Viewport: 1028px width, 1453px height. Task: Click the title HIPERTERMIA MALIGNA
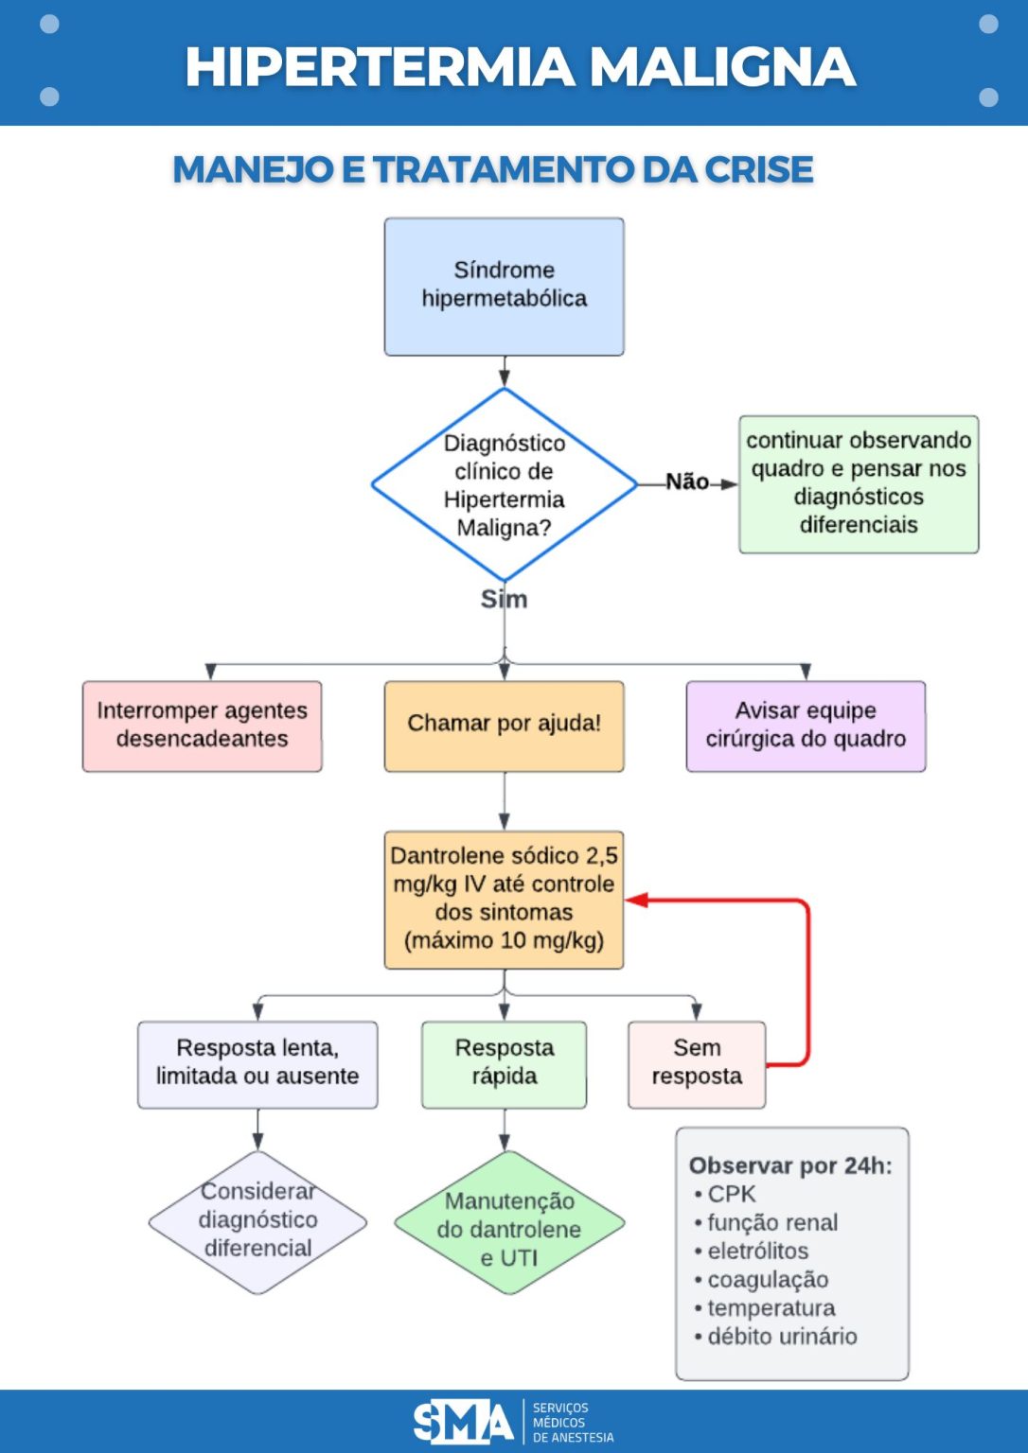(x=520, y=67)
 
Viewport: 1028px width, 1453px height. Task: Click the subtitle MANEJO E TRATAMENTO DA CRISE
(x=492, y=170)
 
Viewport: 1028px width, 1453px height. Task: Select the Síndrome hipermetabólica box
(x=504, y=287)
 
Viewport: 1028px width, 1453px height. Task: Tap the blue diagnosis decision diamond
(x=504, y=484)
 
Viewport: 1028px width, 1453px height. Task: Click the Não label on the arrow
(x=686, y=482)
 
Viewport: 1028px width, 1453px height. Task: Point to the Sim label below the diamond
(x=504, y=600)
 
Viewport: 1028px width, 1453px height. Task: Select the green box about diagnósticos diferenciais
(x=859, y=483)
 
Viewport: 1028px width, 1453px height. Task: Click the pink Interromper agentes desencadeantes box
(x=202, y=726)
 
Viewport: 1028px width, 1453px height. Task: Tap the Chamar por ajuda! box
(x=504, y=726)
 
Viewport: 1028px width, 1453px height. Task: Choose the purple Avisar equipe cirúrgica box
(x=806, y=726)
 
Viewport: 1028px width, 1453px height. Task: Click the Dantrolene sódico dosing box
(x=504, y=899)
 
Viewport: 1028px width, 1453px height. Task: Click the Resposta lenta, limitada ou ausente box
(x=257, y=1063)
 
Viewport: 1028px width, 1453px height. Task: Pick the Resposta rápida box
(x=504, y=1063)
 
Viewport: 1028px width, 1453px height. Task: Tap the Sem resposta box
(x=697, y=1063)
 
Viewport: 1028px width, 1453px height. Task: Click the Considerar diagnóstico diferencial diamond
(x=257, y=1221)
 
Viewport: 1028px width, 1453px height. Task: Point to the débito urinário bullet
(x=781, y=1337)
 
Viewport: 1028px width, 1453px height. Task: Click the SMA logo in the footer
(x=463, y=1421)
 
